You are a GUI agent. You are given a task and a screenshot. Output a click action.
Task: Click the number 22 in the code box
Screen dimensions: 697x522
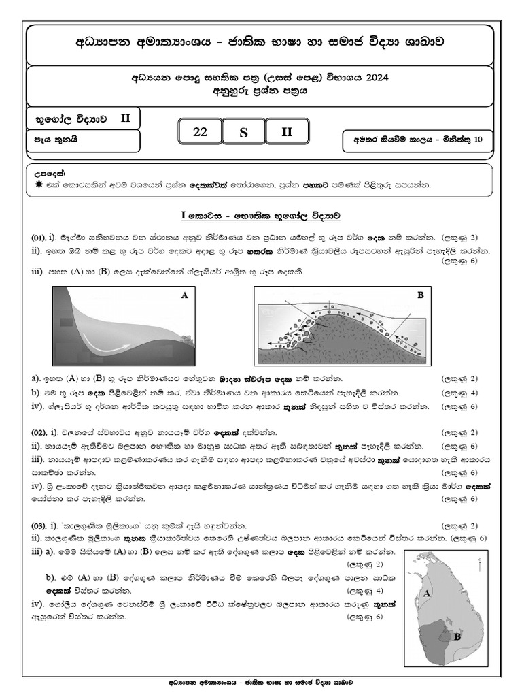click(201, 132)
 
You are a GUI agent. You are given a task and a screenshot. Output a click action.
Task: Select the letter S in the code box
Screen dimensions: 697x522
click(243, 133)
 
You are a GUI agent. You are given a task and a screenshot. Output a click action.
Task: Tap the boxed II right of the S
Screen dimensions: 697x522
click(287, 132)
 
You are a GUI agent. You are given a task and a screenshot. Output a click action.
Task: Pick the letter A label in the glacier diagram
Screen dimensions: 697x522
click(183, 295)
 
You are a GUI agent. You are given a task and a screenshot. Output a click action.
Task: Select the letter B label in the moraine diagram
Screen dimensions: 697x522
click(420, 295)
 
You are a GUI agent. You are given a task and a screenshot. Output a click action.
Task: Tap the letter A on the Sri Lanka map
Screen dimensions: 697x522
click(427, 594)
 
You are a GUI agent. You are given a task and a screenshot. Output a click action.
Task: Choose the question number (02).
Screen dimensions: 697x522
click(38, 432)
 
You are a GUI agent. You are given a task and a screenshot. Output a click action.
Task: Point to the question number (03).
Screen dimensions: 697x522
click(38, 525)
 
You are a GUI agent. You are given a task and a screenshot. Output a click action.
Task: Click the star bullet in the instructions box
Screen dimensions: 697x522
click(37, 184)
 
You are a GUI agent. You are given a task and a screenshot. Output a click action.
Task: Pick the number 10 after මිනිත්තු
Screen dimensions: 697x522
click(479, 140)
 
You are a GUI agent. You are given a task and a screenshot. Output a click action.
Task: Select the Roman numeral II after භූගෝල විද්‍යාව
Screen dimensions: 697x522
click(125, 118)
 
